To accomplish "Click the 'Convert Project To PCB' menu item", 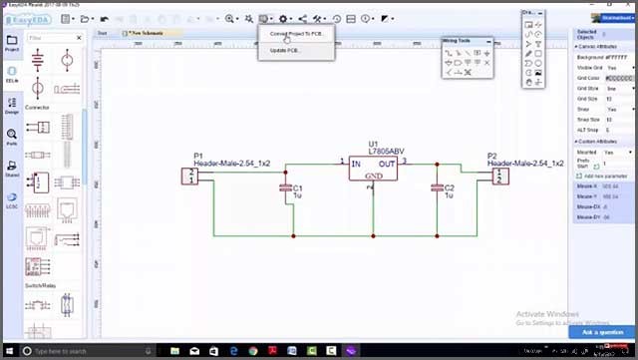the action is tap(296, 34).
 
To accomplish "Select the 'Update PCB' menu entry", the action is tap(285, 50).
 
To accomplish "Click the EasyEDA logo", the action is tap(24, 19).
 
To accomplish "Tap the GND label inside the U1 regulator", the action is tap(373, 177).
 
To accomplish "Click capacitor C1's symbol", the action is tap(286, 187).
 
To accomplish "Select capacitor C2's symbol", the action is tap(437, 187).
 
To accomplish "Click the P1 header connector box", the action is tap(188, 176).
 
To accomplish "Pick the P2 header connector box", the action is tap(499, 176).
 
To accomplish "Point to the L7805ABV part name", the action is tap(387, 151).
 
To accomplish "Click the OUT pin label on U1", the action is tap(387, 164).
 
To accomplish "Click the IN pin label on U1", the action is tap(356, 164).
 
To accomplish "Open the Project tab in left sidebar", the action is tap(12, 43).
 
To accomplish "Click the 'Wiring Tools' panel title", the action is tap(464, 41).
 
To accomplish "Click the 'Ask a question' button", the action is tap(601, 332).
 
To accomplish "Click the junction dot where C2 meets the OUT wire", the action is tap(437, 165).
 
